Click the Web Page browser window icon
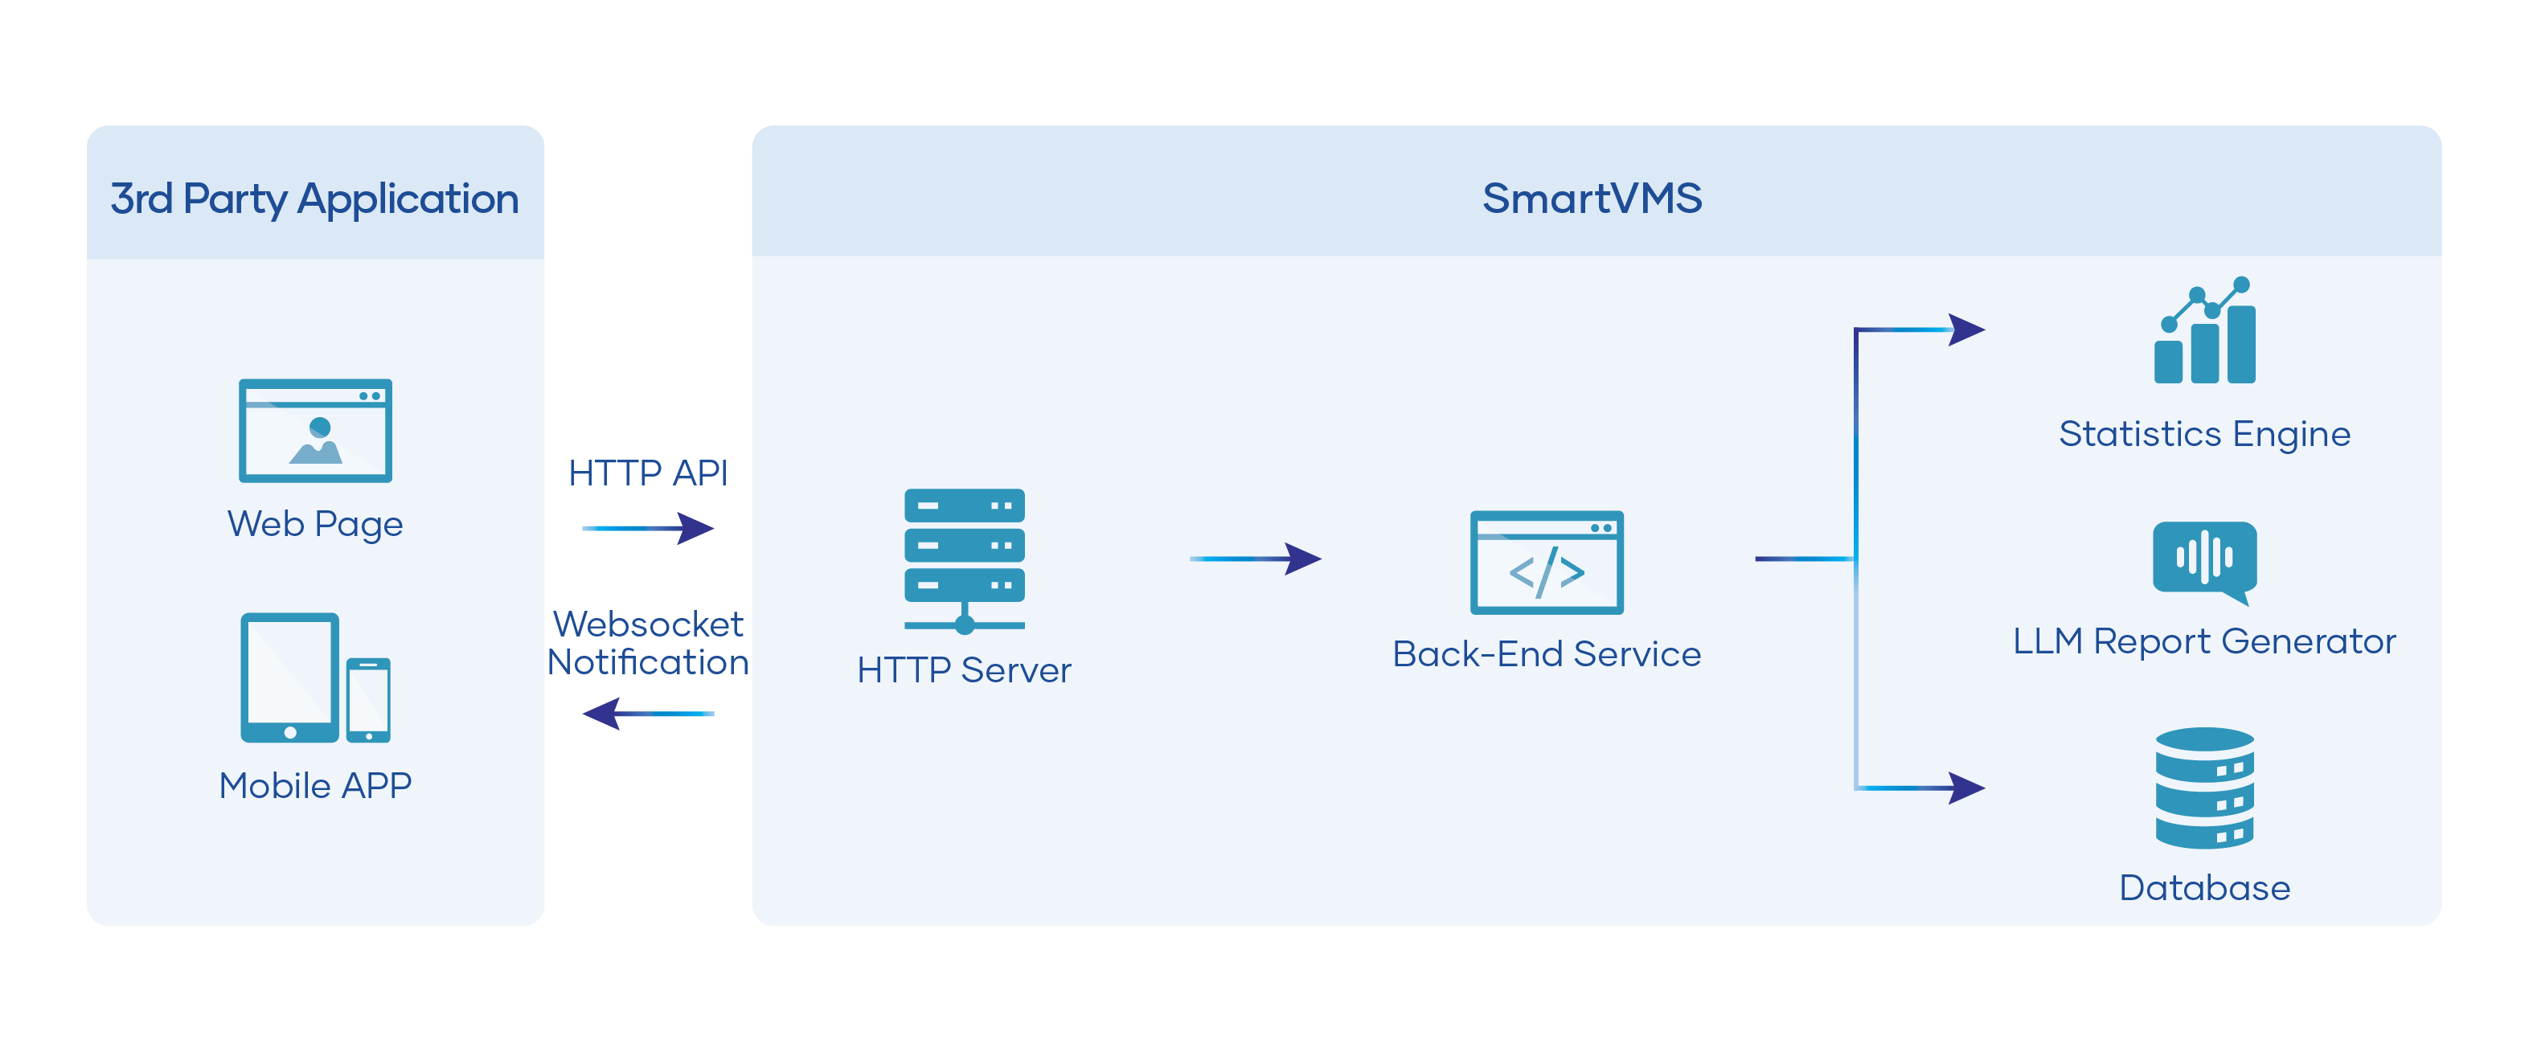(315, 430)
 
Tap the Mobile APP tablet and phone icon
(315, 678)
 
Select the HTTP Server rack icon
(964, 560)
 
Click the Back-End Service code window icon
(1547, 563)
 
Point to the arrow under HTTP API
(648, 528)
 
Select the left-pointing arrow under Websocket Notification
(648, 714)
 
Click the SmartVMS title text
(1592, 199)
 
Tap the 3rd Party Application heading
(314, 199)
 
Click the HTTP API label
(648, 473)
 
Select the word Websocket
(648, 624)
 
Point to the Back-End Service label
(1547, 653)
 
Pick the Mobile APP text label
(315, 785)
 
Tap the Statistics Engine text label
(2204, 434)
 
